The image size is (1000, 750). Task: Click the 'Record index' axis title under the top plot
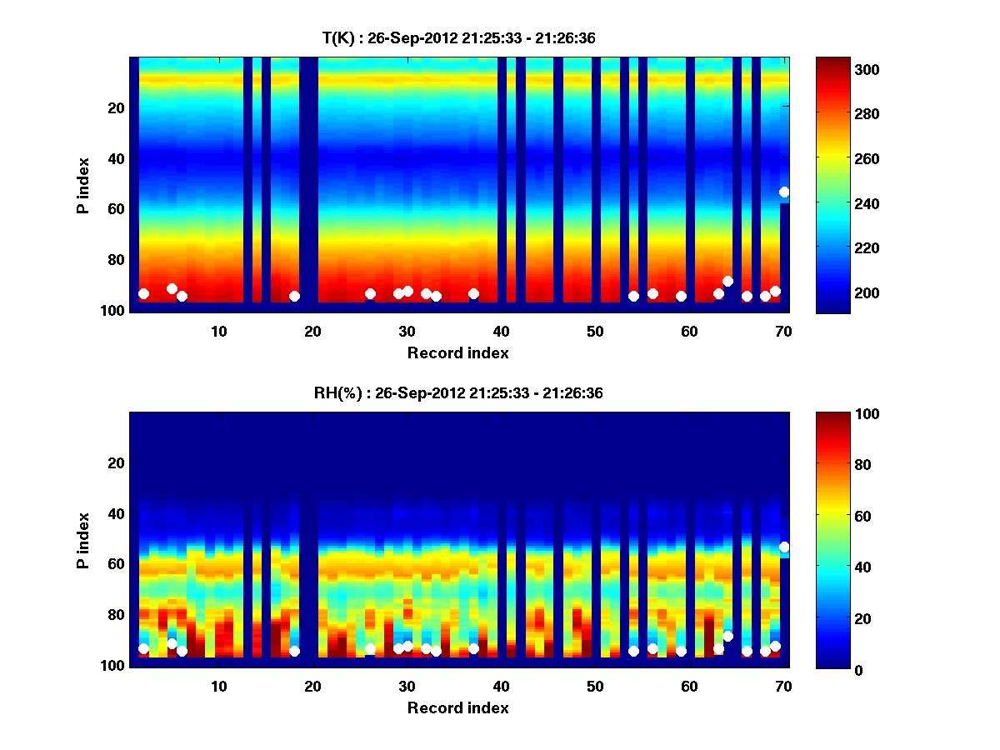click(457, 352)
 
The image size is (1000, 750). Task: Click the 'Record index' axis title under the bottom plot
click(457, 707)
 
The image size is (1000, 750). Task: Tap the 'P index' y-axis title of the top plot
click(83, 184)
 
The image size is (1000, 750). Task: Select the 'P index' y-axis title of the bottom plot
click(83, 539)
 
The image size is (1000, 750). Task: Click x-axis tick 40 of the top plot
click(501, 331)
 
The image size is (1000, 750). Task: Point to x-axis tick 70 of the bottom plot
click(783, 686)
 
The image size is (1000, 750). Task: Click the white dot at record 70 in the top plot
click(784, 192)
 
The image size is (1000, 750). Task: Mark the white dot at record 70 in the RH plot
click(784, 547)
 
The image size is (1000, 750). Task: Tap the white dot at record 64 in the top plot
click(727, 281)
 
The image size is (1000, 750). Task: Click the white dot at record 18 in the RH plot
click(294, 651)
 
